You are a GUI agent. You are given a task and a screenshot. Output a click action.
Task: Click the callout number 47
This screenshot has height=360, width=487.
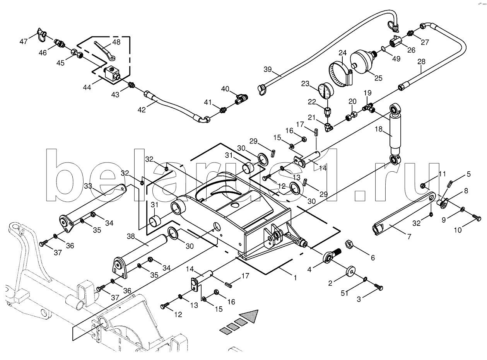point(24,41)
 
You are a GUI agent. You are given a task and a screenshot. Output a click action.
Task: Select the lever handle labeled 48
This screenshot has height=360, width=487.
point(105,51)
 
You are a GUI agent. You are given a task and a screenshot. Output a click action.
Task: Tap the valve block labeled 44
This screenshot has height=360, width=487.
point(112,74)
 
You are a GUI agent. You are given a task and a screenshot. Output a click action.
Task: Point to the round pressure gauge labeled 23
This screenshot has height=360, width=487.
point(326,91)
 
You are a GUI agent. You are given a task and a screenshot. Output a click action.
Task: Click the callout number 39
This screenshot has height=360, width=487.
point(268,69)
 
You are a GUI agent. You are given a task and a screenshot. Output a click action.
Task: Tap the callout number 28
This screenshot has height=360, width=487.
point(421,61)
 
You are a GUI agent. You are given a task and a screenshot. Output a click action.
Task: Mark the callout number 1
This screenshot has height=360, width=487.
point(295,278)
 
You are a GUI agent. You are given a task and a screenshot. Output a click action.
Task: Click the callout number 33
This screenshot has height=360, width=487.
point(88,186)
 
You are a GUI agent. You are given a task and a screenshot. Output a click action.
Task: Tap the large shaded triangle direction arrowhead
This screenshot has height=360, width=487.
point(250,316)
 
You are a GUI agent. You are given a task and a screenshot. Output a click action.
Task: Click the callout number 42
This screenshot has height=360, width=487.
point(142,109)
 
